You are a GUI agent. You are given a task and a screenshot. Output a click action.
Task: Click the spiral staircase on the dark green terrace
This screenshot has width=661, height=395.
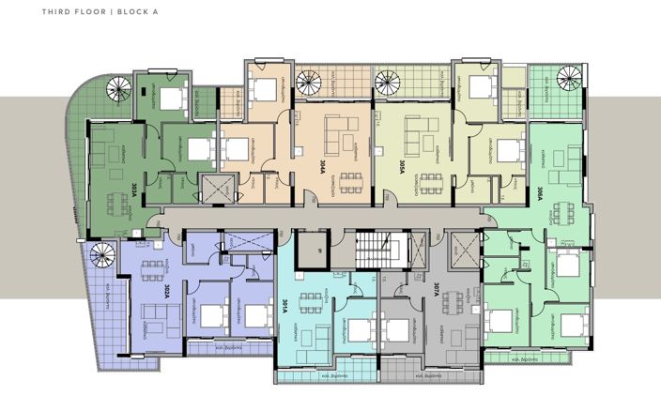coord(117,91)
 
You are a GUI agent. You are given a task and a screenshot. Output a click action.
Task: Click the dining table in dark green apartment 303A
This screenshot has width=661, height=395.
coord(117,201)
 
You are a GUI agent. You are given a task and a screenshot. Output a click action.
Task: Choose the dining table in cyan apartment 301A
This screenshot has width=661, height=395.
coord(308,302)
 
